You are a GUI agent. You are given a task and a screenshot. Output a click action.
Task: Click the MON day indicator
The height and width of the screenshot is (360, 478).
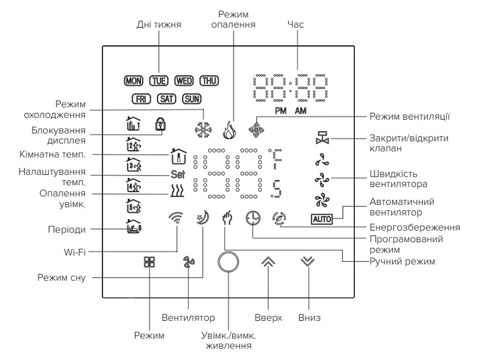pos(132,80)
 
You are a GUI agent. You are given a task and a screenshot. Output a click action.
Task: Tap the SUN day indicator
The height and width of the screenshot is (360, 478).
pos(192,98)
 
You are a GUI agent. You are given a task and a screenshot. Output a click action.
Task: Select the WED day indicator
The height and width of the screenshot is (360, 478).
pos(184,80)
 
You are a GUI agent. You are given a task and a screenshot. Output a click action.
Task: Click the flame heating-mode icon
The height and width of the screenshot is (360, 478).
pos(229,129)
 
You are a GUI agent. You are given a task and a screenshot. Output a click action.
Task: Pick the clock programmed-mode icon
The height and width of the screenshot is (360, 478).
pos(252,218)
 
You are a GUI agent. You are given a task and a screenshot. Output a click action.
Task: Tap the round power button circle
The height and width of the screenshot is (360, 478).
pos(228,261)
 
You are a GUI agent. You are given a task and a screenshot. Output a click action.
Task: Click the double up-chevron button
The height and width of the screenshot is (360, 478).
pos(268,261)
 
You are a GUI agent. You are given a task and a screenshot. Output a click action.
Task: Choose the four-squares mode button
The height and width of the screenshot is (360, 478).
pos(150,262)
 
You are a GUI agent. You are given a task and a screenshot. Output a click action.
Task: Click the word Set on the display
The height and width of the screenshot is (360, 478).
pos(177,174)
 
